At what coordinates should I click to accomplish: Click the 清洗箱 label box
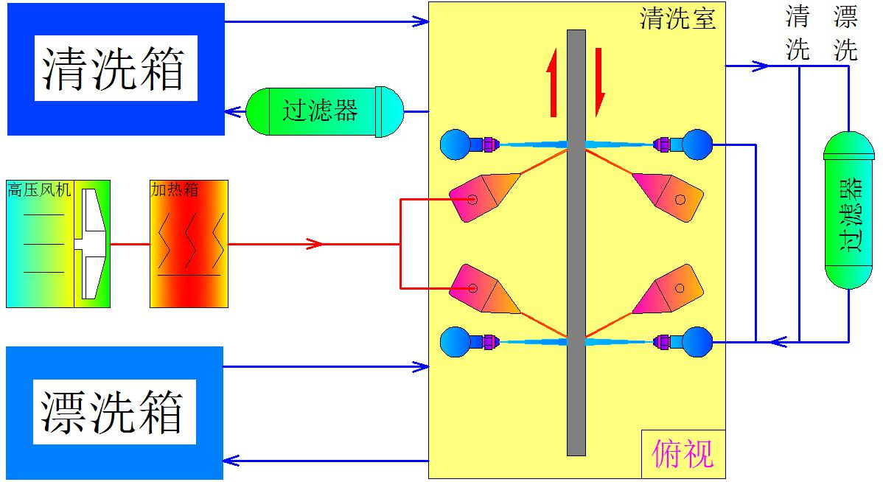[115, 69]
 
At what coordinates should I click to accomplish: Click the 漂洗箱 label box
[114, 412]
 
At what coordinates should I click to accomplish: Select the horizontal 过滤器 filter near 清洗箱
[324, 111]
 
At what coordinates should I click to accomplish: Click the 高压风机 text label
[39, 190]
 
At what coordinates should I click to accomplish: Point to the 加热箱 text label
[175, 189]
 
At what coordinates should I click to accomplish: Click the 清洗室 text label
[677, 18]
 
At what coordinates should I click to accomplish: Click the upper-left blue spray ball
[455, 144]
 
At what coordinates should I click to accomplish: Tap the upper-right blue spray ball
[697, 144]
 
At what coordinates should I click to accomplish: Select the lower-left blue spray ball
[455, 341]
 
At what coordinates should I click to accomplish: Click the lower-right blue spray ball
[697, 341]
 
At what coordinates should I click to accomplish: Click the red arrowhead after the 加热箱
[315, 244]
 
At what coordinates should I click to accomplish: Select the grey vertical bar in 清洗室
[576, 243]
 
